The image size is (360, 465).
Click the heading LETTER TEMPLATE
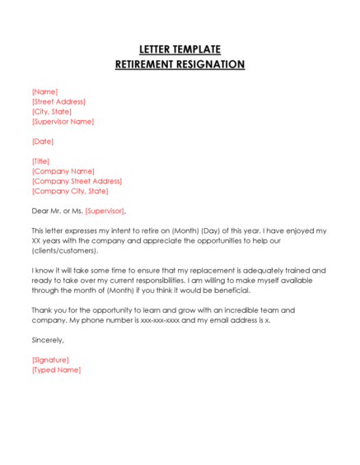(180, 49)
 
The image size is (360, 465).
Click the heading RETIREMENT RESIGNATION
(180, 64)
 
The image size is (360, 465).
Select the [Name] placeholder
(44, 91)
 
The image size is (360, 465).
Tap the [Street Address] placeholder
(58, 101)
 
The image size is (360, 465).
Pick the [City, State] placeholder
(52, 111)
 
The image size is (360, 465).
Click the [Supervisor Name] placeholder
(63, 121)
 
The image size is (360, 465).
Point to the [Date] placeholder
(42, 141)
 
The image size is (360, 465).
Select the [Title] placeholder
(40, 160)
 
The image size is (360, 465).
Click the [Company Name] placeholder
(63, 170)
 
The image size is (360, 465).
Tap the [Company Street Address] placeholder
(77, 180)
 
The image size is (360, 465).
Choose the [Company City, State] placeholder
(70, 190)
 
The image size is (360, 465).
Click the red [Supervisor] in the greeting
(105, 211)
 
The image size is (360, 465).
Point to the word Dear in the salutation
(40, 211)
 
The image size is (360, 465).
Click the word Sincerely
(47, 339)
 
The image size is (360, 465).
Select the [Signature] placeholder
(50, 360)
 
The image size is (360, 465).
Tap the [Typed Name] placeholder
(56, 370)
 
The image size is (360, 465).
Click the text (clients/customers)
(64, 250)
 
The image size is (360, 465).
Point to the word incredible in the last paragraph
(218, 309)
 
